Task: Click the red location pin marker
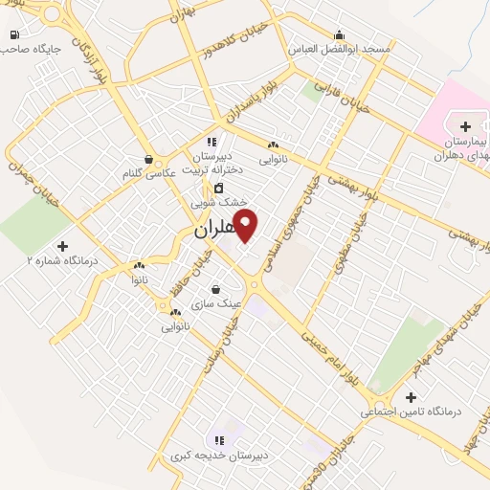point(245,226)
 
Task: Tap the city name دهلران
point(212,231)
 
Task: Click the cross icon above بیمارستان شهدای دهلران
point(465,125)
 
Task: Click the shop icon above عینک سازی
point(215,289)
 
